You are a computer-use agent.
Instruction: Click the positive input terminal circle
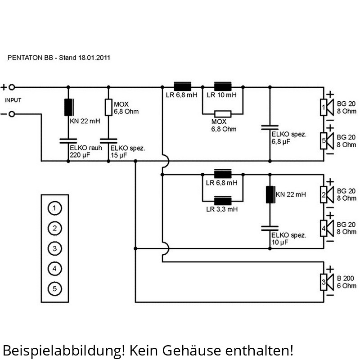click(x=12, y=87)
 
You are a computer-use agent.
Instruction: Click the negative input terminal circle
click(x=12, y=114)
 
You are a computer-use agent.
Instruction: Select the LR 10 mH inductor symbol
click(x=222, y=87)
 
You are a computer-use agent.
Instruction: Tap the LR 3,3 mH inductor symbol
click(x=222, y=201)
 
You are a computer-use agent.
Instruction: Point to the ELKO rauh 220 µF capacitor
click(x=68, y=141)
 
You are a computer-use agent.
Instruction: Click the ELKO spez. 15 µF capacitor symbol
click(x=108, y=141)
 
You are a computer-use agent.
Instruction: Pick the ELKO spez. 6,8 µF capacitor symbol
click(x=270, y=128)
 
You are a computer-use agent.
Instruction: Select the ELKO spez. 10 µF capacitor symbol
click(x=270, y=228)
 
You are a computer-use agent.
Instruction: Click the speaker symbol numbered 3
click(x=327, y=282)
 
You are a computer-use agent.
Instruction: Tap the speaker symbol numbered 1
click(x=327, y=107)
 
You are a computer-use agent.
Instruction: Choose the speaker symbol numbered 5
click(x=327, y=141)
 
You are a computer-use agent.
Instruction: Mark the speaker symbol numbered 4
click(x=327, y=228)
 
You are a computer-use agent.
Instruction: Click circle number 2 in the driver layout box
click(x=54, y=228)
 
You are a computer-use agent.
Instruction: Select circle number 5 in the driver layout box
click(x=54, y=288)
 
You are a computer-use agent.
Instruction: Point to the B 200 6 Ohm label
click(x=346, y=282)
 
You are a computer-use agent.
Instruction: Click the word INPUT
click(x=13, y=100)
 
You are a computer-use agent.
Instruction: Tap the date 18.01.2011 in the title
click(x=94, y=58)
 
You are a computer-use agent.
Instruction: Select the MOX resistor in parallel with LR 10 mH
click(x=222, y=114)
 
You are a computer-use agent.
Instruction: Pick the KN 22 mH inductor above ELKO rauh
click(x=69, y=107)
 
